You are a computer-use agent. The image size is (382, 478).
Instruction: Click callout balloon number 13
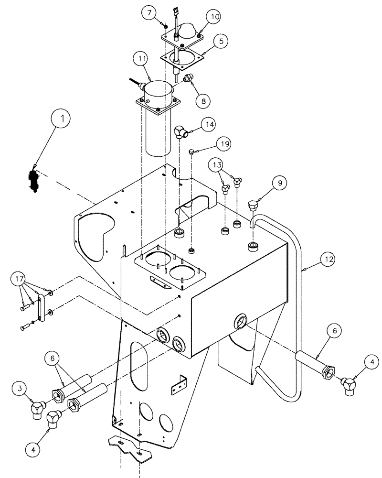(217, 165)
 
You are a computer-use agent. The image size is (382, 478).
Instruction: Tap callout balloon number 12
(328, 260)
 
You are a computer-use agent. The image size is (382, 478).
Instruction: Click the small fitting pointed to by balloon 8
(187, 77)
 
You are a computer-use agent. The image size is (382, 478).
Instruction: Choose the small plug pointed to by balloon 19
(192, 152)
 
